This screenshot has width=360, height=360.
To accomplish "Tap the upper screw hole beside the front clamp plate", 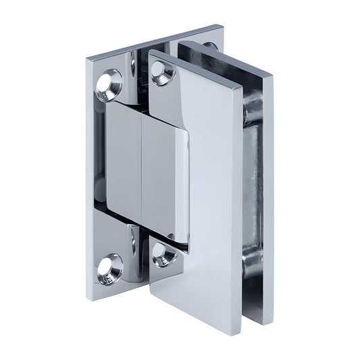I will pyautogui.click(x=162, y=72).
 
